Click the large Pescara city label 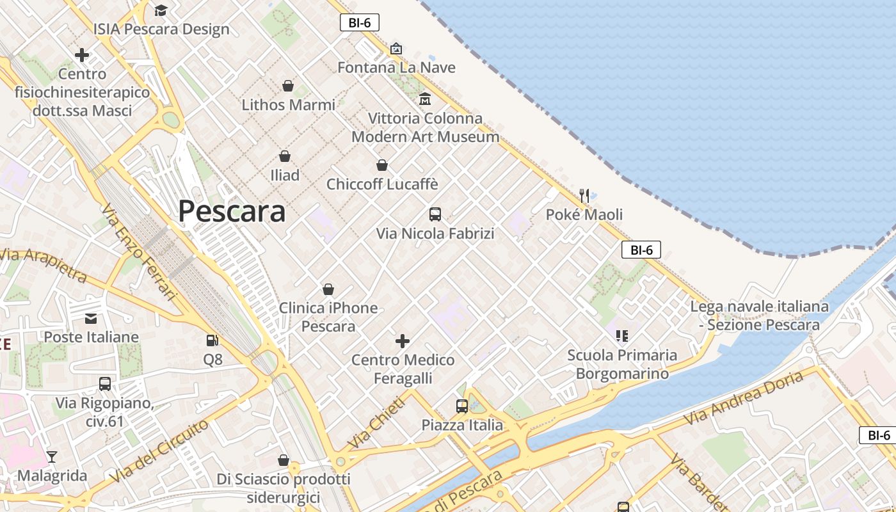232,211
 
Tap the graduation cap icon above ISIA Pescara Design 161,10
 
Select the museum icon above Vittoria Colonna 425,99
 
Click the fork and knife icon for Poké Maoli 584,195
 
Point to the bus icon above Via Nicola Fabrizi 435,214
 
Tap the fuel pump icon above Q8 212,340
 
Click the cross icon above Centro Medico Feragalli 403,340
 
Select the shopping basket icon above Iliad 285,156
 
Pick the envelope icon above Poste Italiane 91,318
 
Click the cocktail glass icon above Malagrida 52,456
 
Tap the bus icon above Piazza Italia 462,406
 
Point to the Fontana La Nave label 397,67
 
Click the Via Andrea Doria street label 744,397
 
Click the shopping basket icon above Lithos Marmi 288,85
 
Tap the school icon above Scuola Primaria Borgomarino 622,335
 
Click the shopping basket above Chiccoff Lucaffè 382,165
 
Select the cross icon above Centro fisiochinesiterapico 82,55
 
